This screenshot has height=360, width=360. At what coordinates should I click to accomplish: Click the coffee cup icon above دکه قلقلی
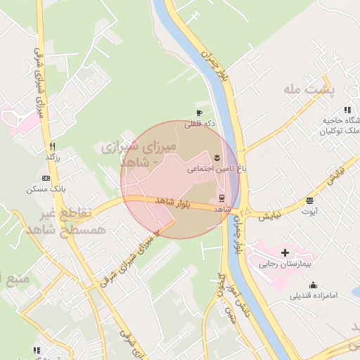click(x=199, y=112)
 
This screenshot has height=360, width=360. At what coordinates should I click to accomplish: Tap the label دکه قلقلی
click(x=199, y=124)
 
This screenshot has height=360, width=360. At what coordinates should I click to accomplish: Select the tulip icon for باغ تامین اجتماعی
click(x=217, y=156)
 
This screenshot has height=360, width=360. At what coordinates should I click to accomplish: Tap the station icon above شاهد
click(x=223, y=197)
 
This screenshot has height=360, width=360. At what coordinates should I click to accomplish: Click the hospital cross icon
click(x=285, y=252)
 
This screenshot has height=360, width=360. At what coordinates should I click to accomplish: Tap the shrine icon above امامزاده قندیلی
click(x=313, y=285)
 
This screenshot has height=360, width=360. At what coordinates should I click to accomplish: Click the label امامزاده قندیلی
click(x=314, y=296)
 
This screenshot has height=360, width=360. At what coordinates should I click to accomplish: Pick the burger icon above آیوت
click(x=309, y=201)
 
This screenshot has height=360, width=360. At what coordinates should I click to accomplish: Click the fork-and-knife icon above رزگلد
click(x=51, y=146)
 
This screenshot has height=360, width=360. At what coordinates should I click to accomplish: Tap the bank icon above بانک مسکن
click(x=46, y=179)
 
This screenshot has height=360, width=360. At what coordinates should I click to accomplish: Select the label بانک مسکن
click(x=46, y=190)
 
